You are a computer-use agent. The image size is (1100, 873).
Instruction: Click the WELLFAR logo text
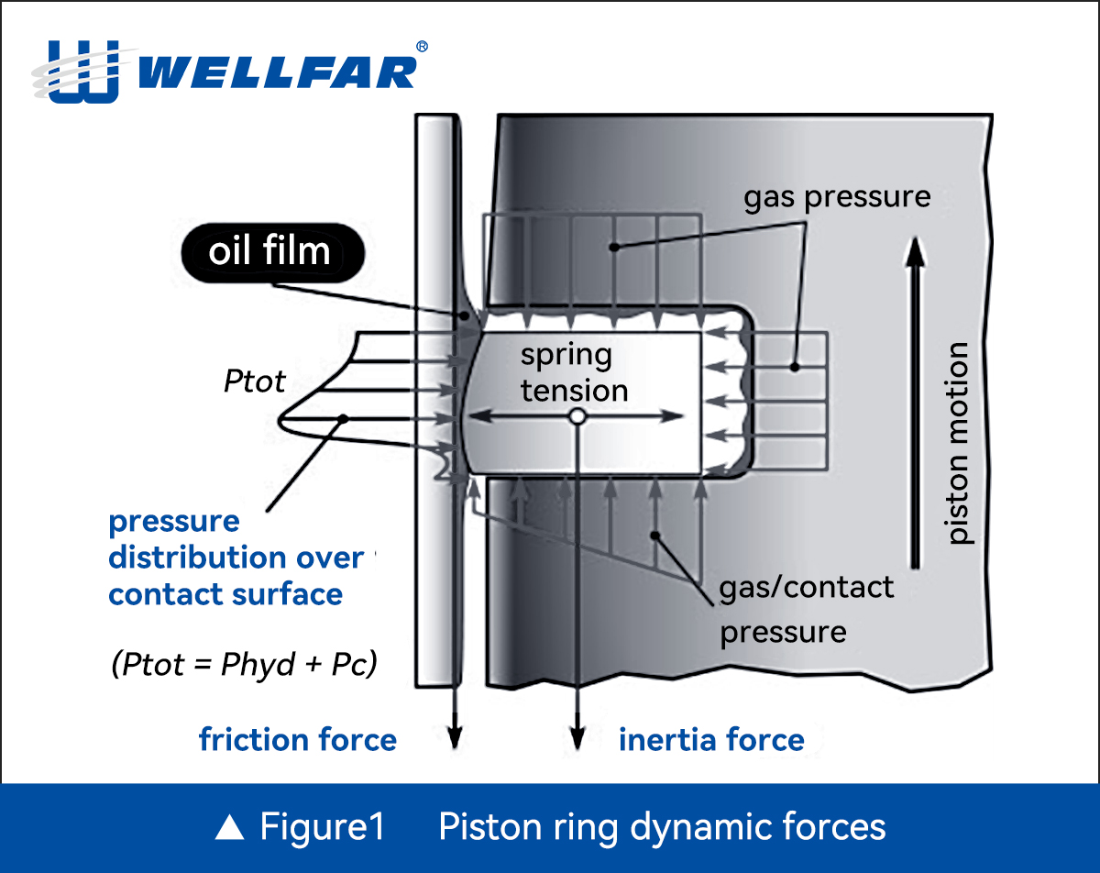coord(280,72)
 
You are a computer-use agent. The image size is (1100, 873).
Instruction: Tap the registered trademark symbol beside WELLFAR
coord(422,46)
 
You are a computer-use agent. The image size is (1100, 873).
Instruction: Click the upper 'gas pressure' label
coord(836,196)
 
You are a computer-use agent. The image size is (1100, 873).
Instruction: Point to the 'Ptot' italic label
coord(254,381)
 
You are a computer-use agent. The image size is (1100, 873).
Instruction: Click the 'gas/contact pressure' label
coord(805,609)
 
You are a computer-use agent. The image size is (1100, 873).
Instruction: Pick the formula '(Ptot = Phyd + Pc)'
coord(244,665)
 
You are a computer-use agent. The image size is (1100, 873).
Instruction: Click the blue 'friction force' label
coord(298,740)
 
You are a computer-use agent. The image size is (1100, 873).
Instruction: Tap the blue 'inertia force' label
coord(711,740)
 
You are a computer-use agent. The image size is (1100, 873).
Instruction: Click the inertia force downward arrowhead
coord(577,739)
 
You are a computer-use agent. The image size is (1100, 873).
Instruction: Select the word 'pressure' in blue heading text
coord(174,521)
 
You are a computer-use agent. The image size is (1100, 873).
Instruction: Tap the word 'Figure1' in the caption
coord(322,827)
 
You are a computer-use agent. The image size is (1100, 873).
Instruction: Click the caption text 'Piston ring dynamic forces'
coord(662,827)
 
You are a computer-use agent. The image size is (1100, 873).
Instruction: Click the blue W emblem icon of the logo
coord(82,70)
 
